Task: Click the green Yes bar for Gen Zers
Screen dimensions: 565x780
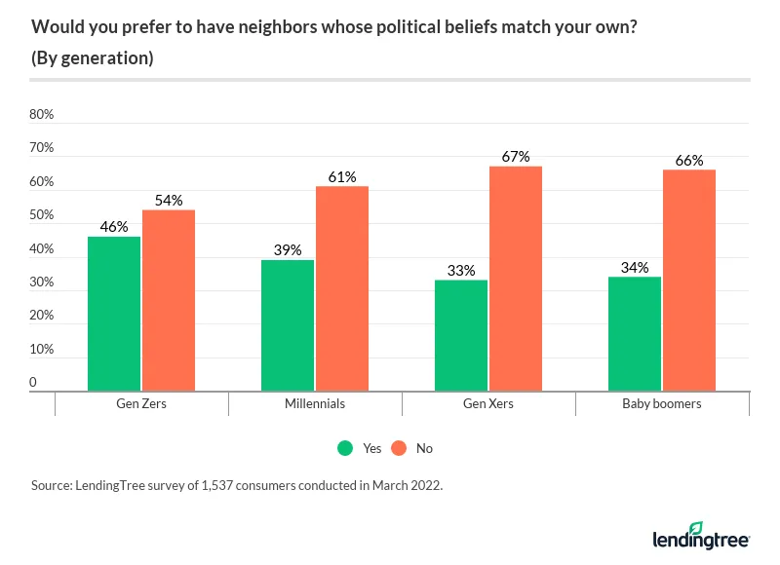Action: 114,314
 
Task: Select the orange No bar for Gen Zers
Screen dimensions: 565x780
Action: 169,300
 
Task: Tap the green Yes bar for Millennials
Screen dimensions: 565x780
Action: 288,325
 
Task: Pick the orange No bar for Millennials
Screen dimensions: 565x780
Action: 342,288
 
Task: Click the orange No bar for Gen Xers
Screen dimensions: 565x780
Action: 516,279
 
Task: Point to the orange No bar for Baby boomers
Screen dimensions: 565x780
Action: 689,281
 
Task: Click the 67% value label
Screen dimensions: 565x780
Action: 516,156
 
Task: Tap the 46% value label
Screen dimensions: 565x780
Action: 114,226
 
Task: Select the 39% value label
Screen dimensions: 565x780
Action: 288,249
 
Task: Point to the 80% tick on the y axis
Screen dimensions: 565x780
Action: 42,115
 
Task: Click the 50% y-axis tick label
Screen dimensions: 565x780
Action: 42,216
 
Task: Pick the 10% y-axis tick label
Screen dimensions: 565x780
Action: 42,350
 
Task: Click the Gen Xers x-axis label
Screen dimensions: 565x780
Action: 488,403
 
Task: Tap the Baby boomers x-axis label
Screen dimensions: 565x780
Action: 662,403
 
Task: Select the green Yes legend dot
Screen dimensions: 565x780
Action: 345,448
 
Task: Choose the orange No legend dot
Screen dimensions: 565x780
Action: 399,448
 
